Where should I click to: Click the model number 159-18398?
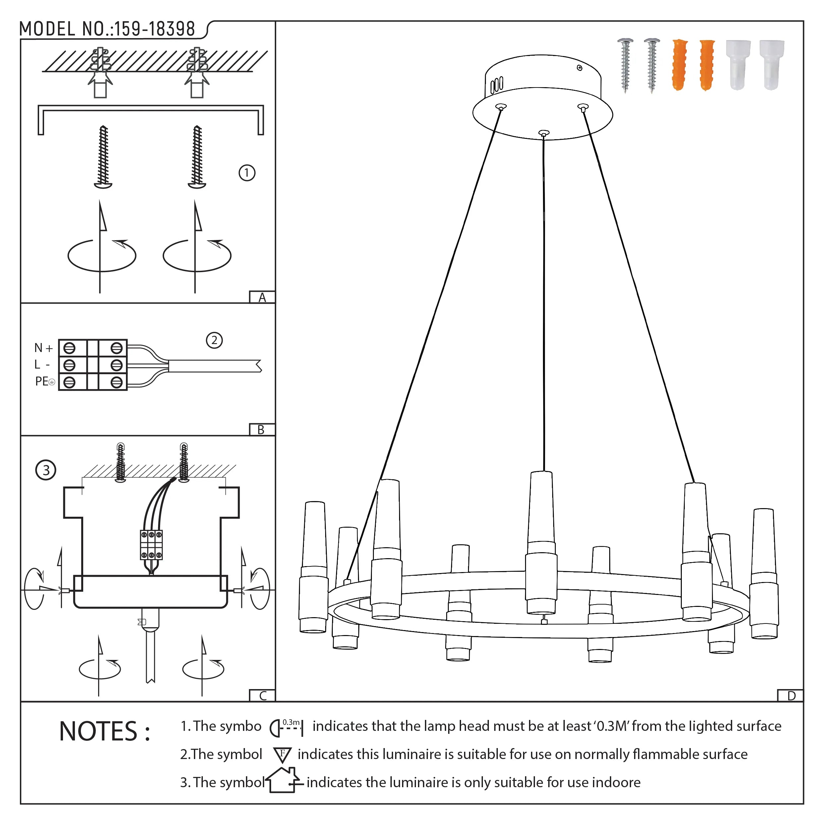(x=154, y=29)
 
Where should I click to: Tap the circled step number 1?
(x=247, y=173)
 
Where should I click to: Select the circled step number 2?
(x=214, y=340)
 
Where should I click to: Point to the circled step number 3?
(x=46, y=470)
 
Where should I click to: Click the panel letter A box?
(x=262, y=297)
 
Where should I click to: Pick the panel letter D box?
(x=791, y=696)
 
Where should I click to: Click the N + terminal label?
(x=43, y=348)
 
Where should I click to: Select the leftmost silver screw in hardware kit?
(x=625, y=65)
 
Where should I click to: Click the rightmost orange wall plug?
(x=707, y=65)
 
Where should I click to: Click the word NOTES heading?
(x=104, y=732)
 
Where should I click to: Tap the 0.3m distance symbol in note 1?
(x=287, y=727)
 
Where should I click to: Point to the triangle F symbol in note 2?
(x=282, y=755)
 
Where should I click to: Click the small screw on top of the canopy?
(x=579, y=68)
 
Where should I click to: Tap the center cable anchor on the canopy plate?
(x=543, y=134)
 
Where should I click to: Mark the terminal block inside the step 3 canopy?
(x=151, y=545)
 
